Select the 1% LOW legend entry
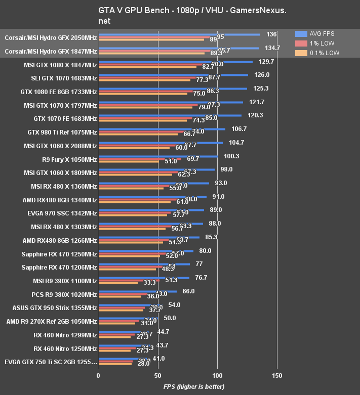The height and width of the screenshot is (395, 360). (x=314, y=43)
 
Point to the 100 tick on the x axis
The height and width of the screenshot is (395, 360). (x=217, y=376)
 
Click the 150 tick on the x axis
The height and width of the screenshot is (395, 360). (x=276, y=376)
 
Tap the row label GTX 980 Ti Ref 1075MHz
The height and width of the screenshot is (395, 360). (x=62, y=133)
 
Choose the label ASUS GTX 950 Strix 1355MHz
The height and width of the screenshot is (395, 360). (x=55, y=308)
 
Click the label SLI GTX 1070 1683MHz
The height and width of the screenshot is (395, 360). (x=64, y=78)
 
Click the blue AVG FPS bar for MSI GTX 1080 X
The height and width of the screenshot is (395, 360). (x=175, y=62)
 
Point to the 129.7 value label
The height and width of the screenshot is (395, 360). (x=266, y=61)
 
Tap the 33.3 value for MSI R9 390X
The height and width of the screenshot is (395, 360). (x=149, y=283)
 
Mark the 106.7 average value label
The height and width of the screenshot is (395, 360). (x=238, y=129)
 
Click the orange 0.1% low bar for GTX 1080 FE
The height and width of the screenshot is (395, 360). (x=143, y=94)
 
